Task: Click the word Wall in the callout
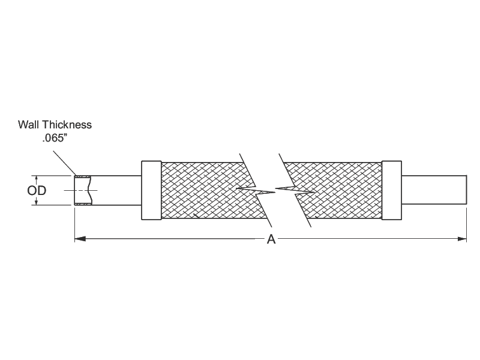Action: coord(29,125)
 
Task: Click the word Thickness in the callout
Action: coord(67,125)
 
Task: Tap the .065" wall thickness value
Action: coord(55,138)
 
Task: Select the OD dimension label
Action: coord(37,190)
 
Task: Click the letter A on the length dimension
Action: coord(271,239)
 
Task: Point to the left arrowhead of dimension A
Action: coord(80,239)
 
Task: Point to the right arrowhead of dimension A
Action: coord(461,239)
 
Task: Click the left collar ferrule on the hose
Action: coord(151,190)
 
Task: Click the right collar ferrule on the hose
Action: coord(392,190)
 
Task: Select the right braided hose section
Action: coord(337,190)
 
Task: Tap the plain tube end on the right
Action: coord(434,190)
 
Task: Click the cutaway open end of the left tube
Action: coord(83,190)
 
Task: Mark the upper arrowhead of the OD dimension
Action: coord(37,179)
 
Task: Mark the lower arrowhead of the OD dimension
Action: coord(37,202)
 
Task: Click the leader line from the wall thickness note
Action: coord(64,163)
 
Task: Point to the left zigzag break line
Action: coord(256,190)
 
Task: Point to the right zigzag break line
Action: coord(295,190)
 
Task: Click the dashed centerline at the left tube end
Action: coord(81,190)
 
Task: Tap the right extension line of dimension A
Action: coord(467,225)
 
